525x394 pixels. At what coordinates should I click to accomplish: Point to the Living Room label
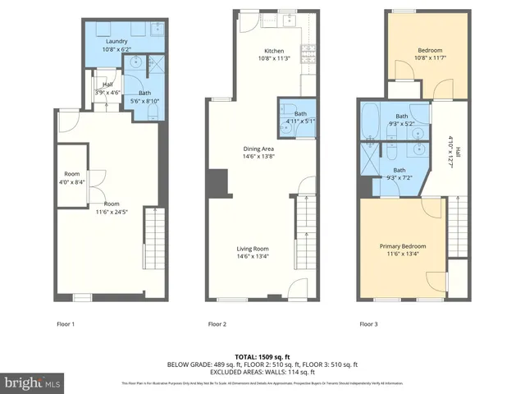point(253,249)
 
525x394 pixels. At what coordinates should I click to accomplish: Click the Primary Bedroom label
point(402,245)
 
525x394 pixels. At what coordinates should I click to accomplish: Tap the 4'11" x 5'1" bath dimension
point(290,121)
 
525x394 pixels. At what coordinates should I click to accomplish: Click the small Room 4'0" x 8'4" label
point(71,177)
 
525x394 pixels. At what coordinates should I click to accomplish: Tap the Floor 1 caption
point(65,324)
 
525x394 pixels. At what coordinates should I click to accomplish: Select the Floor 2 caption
point(217,324)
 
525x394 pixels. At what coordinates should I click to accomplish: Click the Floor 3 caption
point(369,324)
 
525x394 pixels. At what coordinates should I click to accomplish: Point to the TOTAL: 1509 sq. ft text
point(262,356)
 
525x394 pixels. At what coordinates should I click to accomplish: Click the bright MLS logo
point(33,383)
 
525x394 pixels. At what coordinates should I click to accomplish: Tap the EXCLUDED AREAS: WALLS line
point(262,371)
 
